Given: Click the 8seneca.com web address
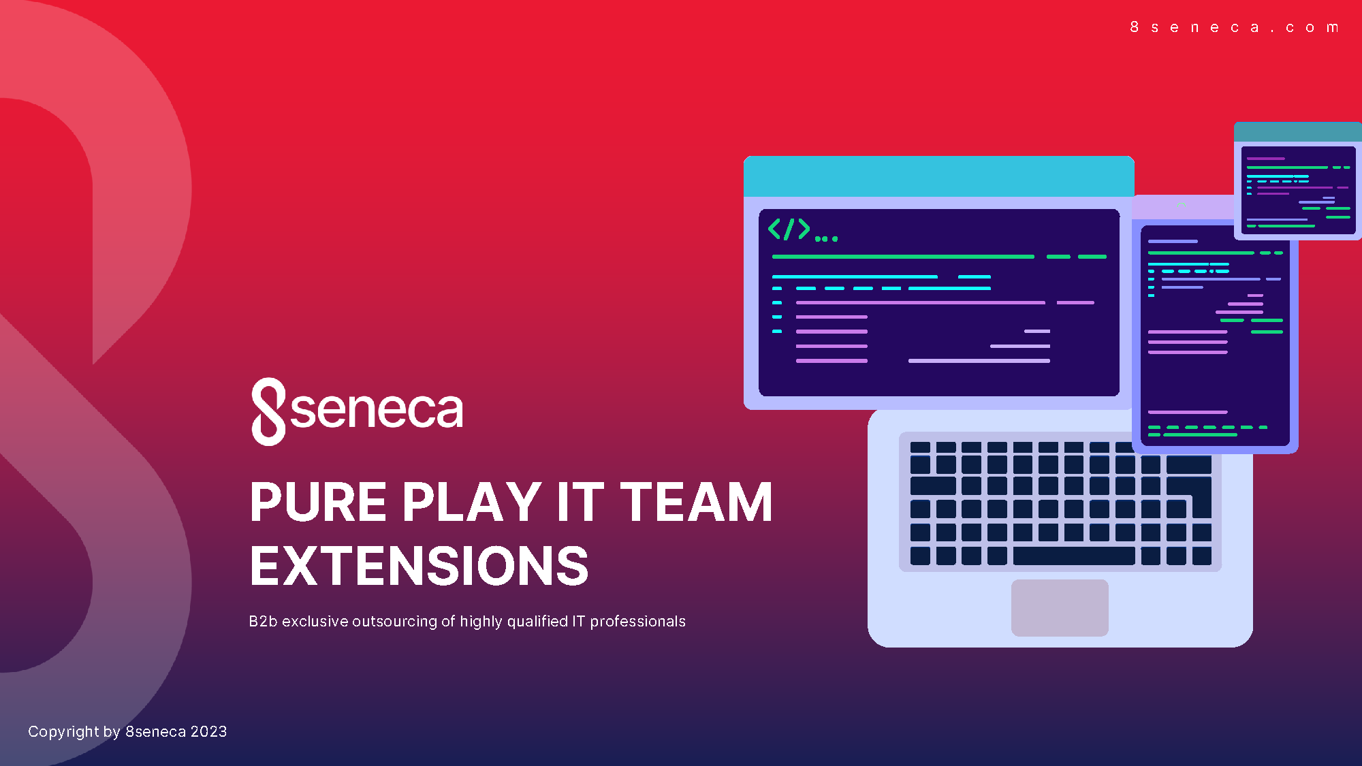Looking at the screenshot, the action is [x=1234, y=27].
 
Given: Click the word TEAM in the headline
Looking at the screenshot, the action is [x=696, y=502].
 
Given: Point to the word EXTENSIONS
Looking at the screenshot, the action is [x=419, y=566].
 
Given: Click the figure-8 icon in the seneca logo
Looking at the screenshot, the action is [x=268, y=411].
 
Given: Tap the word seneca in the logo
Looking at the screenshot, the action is [x=377, y=410].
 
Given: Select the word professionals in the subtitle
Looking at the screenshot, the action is [x=637, y=622].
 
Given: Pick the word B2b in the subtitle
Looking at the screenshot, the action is [x=263, y=622].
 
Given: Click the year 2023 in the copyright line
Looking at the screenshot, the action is [x=208, y=731].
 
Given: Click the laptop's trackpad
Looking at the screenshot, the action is [x=1060, y=608].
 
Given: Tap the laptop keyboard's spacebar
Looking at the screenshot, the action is [x=1074, y=556].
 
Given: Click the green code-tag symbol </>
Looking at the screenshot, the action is [x=789, y=229].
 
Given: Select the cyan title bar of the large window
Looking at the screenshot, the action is [x=938, y=176].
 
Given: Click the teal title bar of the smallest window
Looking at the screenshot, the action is [x=1298, y=131].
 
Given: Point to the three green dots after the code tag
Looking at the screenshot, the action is [x=826, y=238].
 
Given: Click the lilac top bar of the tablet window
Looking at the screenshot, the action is [x=1183, y=207].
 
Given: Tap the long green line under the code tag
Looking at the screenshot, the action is [x=903, y=257].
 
